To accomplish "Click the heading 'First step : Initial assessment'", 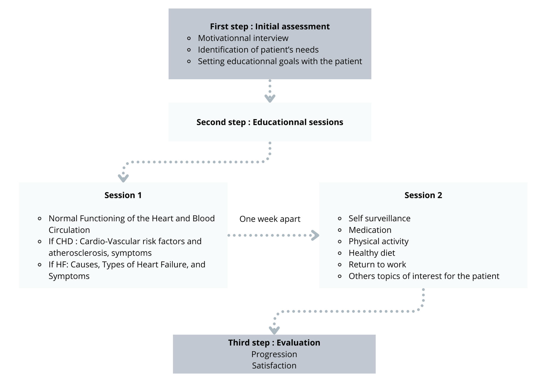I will tap(270, 26).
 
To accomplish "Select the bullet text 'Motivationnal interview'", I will tap(243, 38).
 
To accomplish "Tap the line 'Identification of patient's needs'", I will tap(258, 50).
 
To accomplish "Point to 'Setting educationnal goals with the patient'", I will tap(280, 61).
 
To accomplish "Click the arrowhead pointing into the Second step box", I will tap(270, 98).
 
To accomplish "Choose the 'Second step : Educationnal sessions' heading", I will tap(270, 122).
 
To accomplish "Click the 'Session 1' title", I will tap(123, 195).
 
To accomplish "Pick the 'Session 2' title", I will tap(423, 195).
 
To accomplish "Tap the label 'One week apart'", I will tap(270, 219).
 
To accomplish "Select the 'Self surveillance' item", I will tap(379, 218).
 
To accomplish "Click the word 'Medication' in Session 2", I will tap(370, 230).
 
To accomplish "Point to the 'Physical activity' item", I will tap(379, 241).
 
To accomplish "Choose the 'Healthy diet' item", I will tap(372, 253).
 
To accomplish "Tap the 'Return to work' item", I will tap(377, 265).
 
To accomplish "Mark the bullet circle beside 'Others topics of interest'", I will tap(340, 276).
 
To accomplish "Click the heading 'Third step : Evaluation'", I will tap(274, 343).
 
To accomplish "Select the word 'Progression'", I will tap(274, 354).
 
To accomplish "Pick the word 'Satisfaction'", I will tap(274, 366).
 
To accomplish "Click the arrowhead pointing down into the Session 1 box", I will tap(123, 178).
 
